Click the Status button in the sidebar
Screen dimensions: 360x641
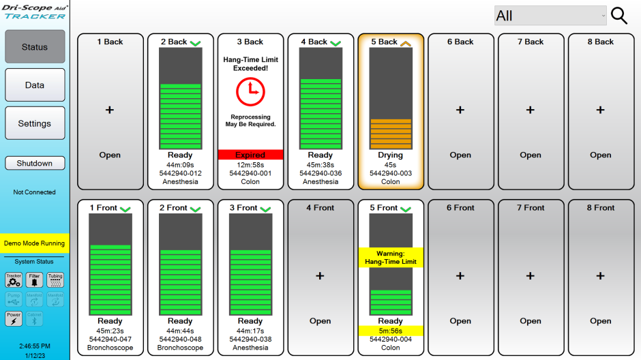35,46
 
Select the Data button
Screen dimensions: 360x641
35,85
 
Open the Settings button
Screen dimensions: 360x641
35,123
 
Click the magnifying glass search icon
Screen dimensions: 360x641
618,16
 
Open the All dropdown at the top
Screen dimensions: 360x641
550,16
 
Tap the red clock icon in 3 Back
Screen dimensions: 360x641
250,91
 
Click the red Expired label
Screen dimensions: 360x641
250,155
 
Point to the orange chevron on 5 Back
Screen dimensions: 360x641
405,43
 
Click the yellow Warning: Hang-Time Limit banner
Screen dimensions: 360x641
391,258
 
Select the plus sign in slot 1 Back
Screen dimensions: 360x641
110,110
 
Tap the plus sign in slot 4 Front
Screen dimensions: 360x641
320,276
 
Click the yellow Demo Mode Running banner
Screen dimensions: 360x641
34,243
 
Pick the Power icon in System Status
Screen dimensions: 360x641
14,318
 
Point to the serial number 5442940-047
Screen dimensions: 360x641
110,339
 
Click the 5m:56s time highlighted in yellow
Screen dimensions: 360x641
391,331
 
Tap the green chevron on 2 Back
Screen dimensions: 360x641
195,43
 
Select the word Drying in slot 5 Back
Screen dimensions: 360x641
391,155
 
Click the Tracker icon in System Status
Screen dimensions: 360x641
14,280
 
